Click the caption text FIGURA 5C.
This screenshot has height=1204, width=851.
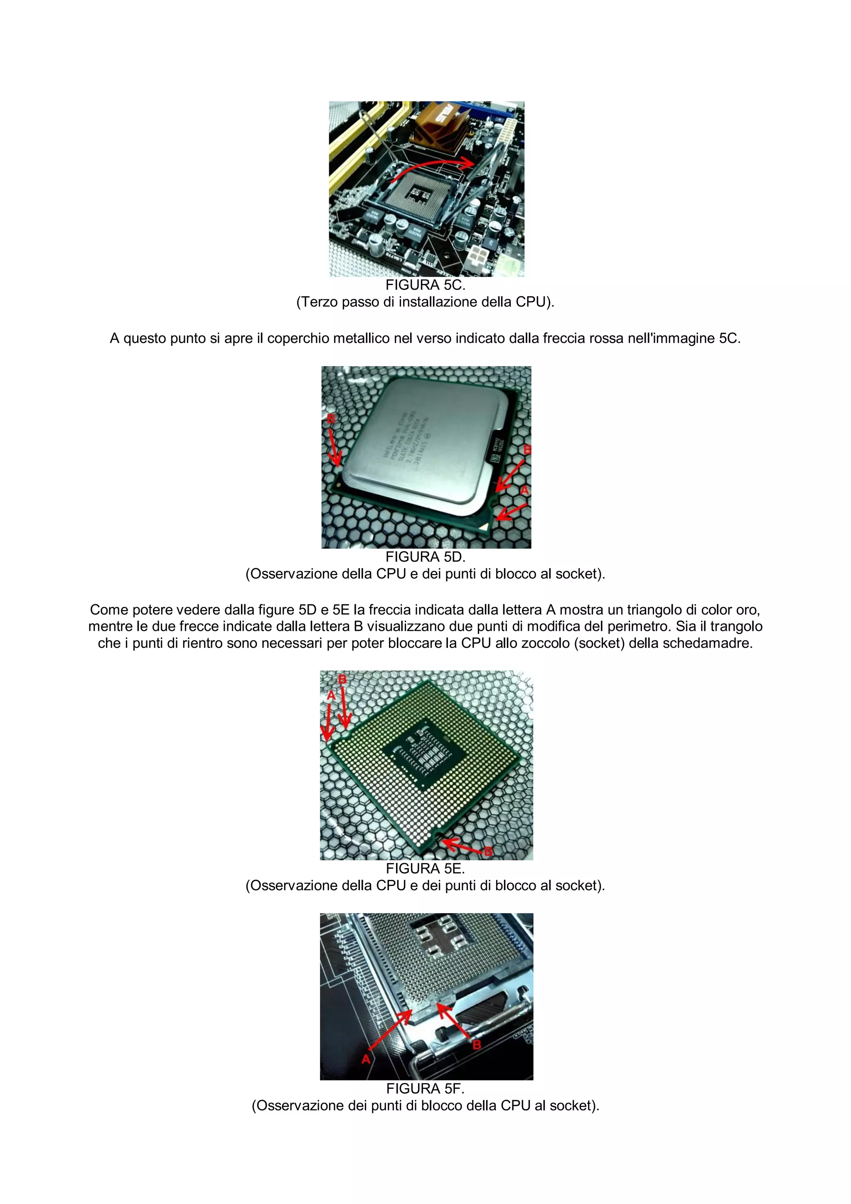coord(425,285)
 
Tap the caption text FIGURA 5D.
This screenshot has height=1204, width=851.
coord(425,557)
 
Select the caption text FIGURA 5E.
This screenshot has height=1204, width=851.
coord(425,868)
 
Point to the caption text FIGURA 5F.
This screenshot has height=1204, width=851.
coord(425,1088)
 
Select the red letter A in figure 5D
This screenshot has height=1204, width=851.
coord(524,490)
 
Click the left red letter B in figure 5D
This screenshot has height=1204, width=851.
coord(331,419)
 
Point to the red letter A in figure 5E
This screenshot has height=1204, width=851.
coord(331,695)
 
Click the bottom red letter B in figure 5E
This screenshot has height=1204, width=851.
coord(488,852)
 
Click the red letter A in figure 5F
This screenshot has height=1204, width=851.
coord(366,1059)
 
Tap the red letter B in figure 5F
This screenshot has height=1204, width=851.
coord(477,1044)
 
